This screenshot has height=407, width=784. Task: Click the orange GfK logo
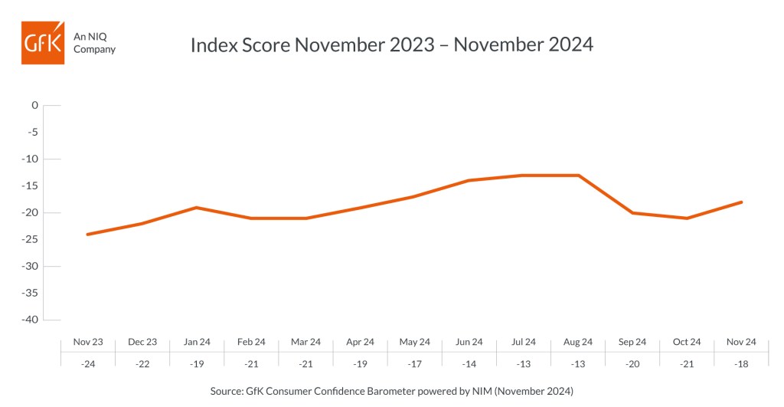tap(43, 43)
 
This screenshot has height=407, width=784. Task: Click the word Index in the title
tap(214, 44)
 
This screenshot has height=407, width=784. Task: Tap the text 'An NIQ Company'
tap(94, 43)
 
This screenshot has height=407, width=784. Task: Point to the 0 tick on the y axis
tap(34, 105)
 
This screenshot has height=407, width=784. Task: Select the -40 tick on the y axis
tap(30, 320)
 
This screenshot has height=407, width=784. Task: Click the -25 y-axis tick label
tap(30, 239)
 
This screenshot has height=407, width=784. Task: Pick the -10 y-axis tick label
tap(30, 159)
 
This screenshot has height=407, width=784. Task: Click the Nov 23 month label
tap(88, 342)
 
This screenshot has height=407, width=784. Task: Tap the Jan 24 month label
tap(197, 342)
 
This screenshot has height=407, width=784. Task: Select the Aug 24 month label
tap(578, 342)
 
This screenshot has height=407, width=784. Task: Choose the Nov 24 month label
tap(741, 342)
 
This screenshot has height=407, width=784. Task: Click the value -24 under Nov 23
tap(88, 364)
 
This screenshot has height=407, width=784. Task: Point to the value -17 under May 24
tap(414, 364)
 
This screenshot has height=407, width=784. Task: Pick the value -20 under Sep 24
tap(632, 364)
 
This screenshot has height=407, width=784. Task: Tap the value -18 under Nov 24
tap(741, 364)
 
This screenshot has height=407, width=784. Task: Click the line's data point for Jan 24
tap(197, 207)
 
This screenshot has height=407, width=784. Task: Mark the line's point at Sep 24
tap(633, 213)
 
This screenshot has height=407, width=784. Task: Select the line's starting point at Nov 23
tap(87, 235)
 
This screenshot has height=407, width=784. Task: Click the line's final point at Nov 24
tap(741, 202)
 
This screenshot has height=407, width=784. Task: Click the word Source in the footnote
tap(227, 391)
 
